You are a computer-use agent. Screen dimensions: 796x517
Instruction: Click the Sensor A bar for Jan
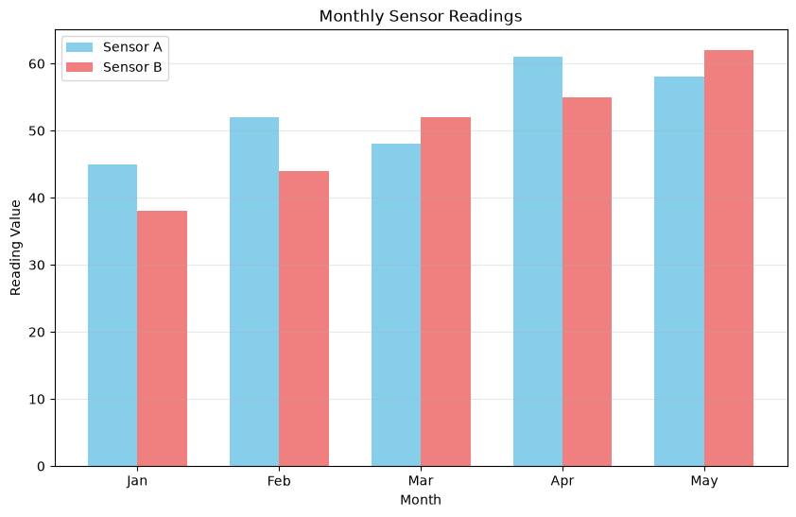(x=112, y=315)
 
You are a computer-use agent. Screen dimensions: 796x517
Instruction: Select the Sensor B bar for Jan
(x=162, y=338)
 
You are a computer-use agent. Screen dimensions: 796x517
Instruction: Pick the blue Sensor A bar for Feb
(x=254, y=292)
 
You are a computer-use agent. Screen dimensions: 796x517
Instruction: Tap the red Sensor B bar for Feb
(x=304, y=319)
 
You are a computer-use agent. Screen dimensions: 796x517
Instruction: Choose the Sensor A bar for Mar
(x=396, y=305)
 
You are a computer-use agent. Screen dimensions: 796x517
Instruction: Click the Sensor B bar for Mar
(x=445, y=292)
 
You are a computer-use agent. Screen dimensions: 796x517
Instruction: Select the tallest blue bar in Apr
(x=538, y=261)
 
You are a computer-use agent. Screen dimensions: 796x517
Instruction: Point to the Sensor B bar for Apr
(x=587, y=282)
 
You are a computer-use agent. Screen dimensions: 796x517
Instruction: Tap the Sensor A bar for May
(x=679, y=271)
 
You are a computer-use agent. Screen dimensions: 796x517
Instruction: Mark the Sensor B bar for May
(x=729, y=258)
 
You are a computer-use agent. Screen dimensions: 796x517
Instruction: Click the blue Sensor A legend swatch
(x=79, y=47)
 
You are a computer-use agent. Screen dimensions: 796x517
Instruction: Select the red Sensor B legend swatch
(x=79, y=67)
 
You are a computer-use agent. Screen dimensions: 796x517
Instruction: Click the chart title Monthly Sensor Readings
(x=421, y=16)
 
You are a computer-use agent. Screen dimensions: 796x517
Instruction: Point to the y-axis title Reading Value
(x=16, y=248)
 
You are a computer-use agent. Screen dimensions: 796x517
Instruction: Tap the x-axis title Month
(x=421, y=500)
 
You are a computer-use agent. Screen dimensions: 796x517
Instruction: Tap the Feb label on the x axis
(x=279, y=480)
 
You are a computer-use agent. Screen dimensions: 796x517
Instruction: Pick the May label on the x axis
(x=704, y=481)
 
